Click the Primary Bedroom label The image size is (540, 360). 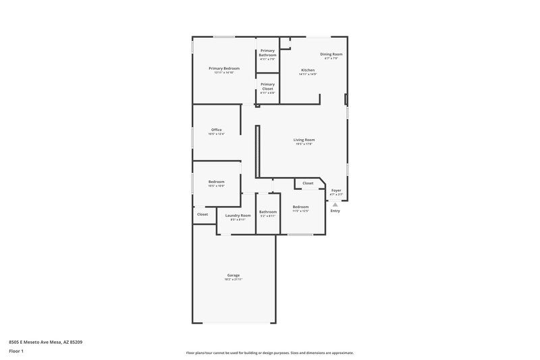click(224, 68)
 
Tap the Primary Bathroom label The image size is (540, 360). click(267, 53)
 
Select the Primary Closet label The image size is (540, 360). click(267, 86)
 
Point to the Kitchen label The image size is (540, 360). click(308, 70)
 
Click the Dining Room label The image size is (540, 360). click(331, 54)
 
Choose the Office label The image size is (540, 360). click(216, 130)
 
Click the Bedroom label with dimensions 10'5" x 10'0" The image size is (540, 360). click(216, 182)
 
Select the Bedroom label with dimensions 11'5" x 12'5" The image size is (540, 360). click(300, 207)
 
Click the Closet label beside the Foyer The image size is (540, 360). click(308, 183)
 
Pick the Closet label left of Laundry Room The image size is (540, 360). click(202, 214)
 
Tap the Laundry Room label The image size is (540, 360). click(238, 215)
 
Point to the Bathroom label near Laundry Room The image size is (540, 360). click(268, 211)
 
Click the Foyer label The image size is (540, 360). click(335, 190)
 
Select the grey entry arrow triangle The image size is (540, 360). click(335, 203)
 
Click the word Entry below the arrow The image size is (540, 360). click(335, 211)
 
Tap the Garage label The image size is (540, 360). click(233, 275)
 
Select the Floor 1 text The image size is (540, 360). click(16, 352)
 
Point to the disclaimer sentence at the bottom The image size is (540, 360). click(269, 353)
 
